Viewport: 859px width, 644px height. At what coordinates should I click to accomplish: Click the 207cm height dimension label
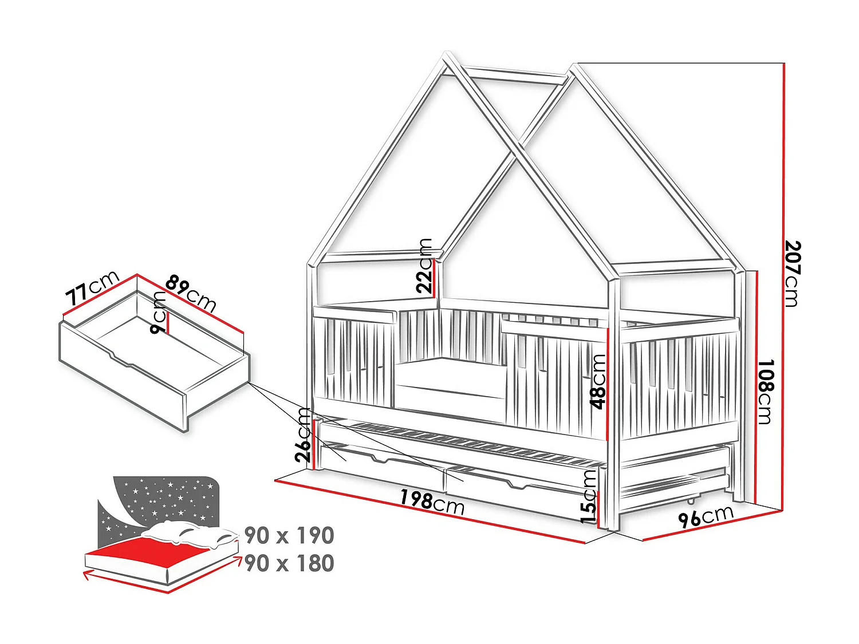click(792, 273)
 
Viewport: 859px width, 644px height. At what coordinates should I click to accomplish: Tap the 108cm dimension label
click(766, 392)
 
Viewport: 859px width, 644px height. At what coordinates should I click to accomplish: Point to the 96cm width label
click(706, 516)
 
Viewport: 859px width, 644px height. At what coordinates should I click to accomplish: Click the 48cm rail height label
click(598, 381)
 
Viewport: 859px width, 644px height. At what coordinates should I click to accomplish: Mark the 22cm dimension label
click(425, 266)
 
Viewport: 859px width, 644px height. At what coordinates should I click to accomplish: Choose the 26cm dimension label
click(304, 435)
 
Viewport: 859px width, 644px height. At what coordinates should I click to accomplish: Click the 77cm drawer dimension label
click(92, 288)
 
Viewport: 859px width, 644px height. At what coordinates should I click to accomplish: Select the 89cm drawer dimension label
click(191, 293)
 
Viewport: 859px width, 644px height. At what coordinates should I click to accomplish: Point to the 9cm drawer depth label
click(157, 313)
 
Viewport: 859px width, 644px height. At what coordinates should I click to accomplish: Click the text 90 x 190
click(289, 536)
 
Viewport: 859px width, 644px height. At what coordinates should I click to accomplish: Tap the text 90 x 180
click(289, 563)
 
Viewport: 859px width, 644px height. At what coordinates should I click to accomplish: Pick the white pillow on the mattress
click(189, 534)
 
